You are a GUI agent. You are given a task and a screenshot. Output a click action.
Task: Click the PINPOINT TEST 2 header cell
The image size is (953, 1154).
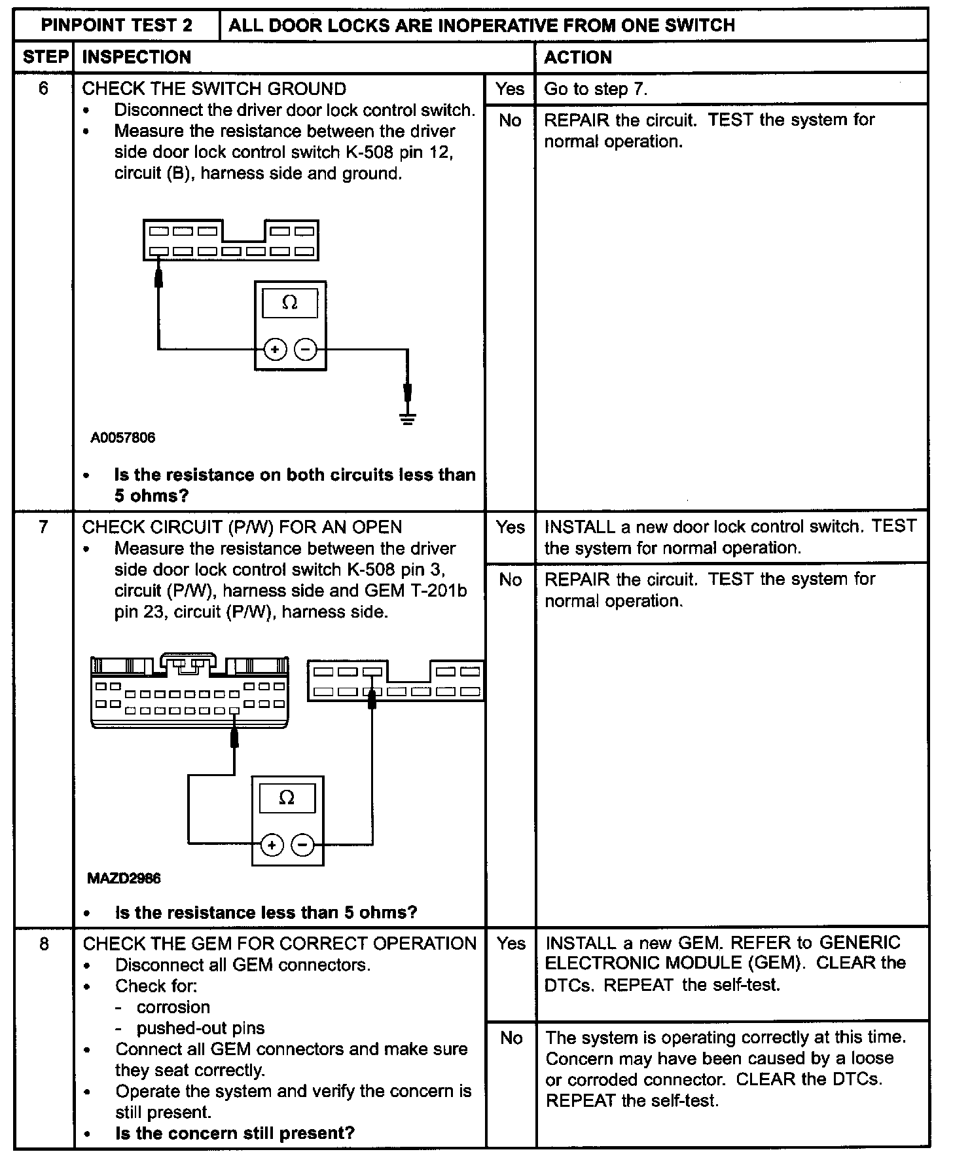coord(117,26)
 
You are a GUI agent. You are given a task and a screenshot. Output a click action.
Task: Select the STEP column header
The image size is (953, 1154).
coord(45,57)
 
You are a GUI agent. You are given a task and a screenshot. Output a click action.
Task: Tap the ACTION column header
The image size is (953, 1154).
coord(578,57)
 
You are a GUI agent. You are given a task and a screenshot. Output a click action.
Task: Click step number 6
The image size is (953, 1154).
coord(43,88)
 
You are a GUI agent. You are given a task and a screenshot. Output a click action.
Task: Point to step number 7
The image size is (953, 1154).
coord(43,527)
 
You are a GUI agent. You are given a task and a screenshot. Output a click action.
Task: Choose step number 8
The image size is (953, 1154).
coord(44,944)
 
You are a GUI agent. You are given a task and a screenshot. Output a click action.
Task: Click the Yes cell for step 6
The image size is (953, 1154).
coord(510,88)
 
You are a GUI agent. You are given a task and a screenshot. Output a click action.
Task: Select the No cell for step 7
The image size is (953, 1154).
coord(510,580)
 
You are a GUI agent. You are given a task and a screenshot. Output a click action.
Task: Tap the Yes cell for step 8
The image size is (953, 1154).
coord(511,944)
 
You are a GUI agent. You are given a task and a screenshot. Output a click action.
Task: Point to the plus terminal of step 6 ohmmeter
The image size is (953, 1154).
coord(275,350)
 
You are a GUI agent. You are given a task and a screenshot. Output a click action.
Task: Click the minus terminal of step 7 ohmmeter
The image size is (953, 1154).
coord(302,845)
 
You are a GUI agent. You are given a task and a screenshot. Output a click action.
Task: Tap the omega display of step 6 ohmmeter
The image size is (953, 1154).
coord(290,303)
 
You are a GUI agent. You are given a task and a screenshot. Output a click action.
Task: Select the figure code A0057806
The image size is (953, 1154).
coord(123,437)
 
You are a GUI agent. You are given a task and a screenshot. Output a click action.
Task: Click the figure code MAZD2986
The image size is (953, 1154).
coord(124,878)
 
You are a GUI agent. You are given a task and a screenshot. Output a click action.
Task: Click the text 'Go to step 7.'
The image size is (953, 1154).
coord(596,89)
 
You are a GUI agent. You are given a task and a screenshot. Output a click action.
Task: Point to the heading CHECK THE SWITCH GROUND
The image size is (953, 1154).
coord(214,88)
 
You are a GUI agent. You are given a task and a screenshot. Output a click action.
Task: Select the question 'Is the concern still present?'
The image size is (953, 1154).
coord(235,1133)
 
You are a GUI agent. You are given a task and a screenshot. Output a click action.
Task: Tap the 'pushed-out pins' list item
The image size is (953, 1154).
coord(200,1028)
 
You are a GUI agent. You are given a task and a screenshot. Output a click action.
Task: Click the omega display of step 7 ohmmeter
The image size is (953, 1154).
coord(287,798)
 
